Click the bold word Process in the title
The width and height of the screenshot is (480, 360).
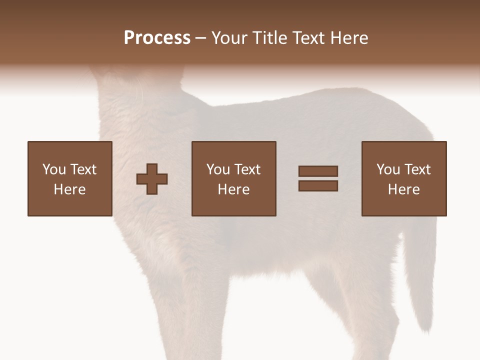157,38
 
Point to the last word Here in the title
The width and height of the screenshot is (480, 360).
349,38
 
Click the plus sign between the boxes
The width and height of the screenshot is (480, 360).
152,179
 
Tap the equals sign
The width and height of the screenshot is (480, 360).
318,178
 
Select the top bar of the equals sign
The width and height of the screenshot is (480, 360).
318,171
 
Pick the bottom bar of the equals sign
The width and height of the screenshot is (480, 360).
318,186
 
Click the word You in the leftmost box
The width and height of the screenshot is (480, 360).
54,169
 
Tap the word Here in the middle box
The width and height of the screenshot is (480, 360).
233,189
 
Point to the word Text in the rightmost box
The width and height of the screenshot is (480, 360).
417,169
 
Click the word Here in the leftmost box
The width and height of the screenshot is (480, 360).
69,189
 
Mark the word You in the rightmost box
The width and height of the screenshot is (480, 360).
388,169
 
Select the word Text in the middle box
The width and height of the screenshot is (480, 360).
247,169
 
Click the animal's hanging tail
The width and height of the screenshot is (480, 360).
420,280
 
